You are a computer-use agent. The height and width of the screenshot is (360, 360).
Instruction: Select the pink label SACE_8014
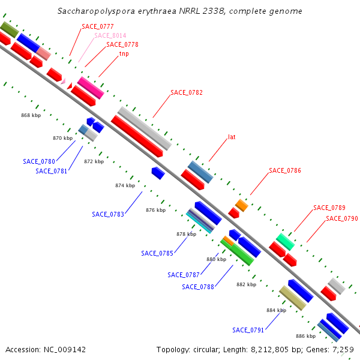tap(110, 35)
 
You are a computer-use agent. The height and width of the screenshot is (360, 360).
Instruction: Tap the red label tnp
tap(124, 53)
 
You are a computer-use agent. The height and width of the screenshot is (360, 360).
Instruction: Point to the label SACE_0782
tap(187, 92)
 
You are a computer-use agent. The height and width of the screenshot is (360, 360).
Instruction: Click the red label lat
tap(232, 137)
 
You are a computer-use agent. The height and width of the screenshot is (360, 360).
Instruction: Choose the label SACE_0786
tap(285, 170)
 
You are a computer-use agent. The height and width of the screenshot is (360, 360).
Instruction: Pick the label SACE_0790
tap(341, 218)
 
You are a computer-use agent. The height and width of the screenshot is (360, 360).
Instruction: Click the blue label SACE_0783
tap(108, 214)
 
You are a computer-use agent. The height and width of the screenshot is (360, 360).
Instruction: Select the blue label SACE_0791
tap(248, 330)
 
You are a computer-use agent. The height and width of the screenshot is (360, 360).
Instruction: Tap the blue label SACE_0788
tap(198, 287)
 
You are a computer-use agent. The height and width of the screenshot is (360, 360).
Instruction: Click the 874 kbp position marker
tap(125, 185)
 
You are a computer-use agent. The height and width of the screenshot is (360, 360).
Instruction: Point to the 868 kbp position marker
tap(31, 115)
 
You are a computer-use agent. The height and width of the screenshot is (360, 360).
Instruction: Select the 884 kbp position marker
tap(276, 310)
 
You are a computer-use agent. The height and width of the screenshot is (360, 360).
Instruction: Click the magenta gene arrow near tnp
tap(91, 88)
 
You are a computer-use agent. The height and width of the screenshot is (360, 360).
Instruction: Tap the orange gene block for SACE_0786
tap(242, 205)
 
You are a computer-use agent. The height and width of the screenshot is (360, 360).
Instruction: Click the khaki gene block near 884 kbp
tap(292, 298)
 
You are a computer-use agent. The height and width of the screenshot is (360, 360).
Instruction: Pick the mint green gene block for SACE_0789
tap(285, 242)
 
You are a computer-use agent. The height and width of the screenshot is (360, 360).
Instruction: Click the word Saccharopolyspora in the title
tap(94, 11)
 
